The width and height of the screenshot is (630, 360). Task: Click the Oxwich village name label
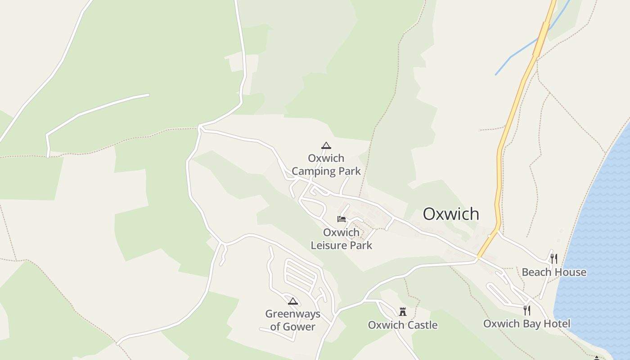tap(451, 214)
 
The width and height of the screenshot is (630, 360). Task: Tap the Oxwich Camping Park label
tap(326, 165)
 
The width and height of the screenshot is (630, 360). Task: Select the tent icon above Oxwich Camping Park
tap(326, 145)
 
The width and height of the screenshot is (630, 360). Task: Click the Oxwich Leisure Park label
tap(342, 239)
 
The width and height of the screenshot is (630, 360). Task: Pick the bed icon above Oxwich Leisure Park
tap(342, 219)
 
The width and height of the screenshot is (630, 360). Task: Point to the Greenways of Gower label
tap(292, 320)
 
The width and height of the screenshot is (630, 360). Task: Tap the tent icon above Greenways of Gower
tap(293, 301)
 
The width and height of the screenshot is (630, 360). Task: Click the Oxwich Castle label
tap(403, 325)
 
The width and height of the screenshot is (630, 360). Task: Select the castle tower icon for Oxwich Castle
tap(403, 311)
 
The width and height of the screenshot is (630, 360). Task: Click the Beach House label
tap(554, 272)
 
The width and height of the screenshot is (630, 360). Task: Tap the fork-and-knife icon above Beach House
tap(554, 258)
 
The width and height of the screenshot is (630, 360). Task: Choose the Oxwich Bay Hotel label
tap(526, 324)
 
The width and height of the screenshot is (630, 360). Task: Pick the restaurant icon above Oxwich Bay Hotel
tap(527, 310)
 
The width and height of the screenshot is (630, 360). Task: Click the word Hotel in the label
tap(556, 324)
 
